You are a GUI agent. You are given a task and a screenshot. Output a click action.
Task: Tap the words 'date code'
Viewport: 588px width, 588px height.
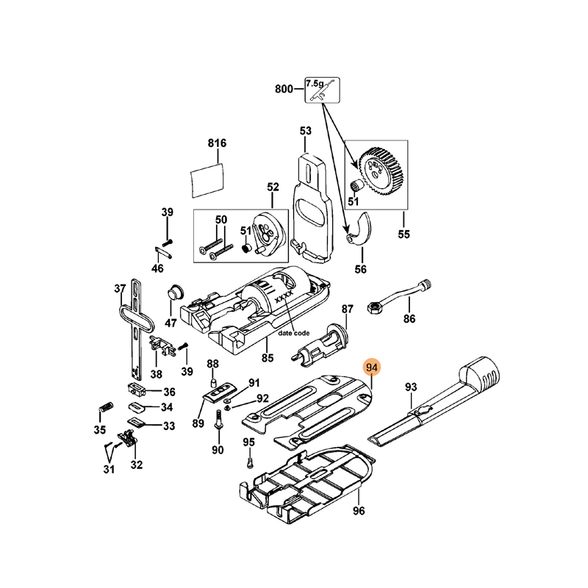[x=293, y=333]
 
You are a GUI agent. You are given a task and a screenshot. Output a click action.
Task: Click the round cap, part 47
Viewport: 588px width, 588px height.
[x=175, y=292]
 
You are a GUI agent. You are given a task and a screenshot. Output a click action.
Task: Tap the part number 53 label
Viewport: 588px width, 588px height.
[x=306, y=131]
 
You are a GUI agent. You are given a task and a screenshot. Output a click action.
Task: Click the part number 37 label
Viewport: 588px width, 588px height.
[x=121, y=288]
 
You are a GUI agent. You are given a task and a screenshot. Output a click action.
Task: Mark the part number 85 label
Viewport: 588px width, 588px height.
[x=268, y=358]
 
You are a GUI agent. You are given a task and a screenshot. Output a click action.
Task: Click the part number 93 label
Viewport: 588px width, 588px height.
[x=411, y=387]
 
